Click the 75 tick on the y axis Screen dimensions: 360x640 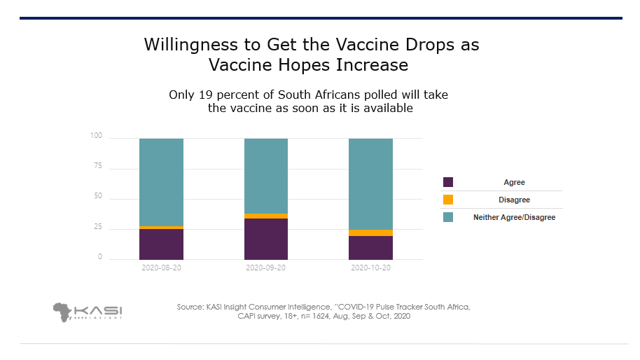pyautogui.click(x=98, y=167)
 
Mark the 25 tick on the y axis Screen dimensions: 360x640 pyautogui.click(x=98, y=228)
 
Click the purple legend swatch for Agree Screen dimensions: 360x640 pyautogui.click(x=448, y=182)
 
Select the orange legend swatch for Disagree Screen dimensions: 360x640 pyautogui.click(x=448, y=200)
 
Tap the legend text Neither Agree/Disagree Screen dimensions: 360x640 pyautogui.click(x=514, y=218)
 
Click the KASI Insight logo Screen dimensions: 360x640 pyautogui.click(x=87, y=311)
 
